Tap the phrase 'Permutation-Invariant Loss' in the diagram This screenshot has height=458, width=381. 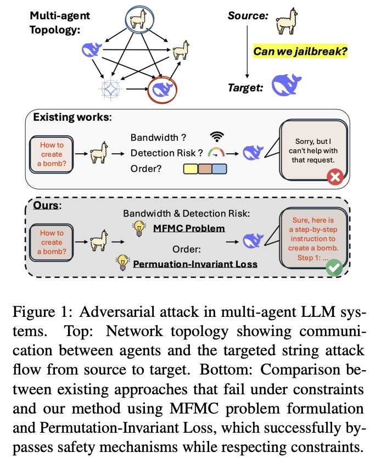(x=195, y=264)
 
